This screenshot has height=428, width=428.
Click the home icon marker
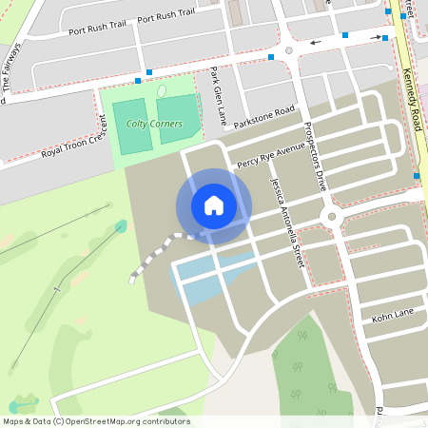click(x=213, y=205)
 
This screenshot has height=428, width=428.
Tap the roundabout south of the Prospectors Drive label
click(x=331, y=218)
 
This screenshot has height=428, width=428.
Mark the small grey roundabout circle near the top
click(x=289, y=50)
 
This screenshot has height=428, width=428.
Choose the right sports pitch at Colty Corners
click(x=176, y=119)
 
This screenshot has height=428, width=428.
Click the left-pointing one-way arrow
click(x=314, y=43)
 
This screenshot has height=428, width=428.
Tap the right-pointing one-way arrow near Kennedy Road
click(x=377, y=38)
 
